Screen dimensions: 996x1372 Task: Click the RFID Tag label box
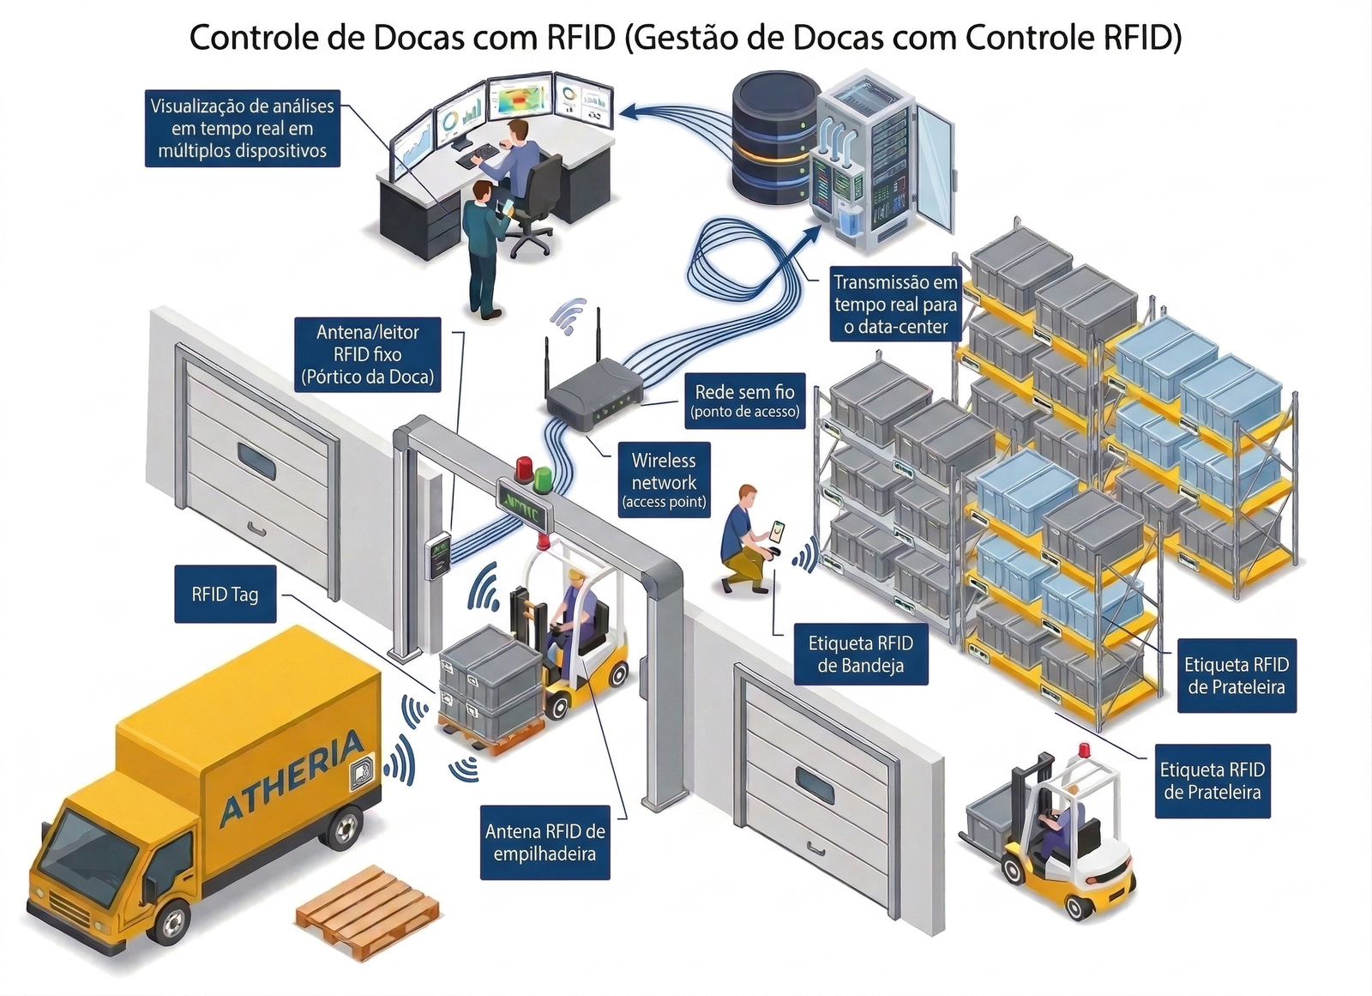(x=225, y=594)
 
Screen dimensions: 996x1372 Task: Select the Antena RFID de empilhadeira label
(x=545, y=842)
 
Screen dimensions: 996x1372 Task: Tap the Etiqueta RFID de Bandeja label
(x=860, y=655)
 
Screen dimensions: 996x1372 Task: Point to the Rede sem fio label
(x=744, y=400)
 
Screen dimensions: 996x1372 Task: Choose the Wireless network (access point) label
(x=664, y=480)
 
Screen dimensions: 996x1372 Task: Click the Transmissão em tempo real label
(x=895, y=304)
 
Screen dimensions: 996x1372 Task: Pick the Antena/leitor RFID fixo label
(x=367, y=354)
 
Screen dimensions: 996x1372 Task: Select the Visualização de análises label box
(x=242, y=129)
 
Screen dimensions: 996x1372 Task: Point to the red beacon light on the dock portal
(x=522, y=469)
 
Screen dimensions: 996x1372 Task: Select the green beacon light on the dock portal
(x=543, y=479)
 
